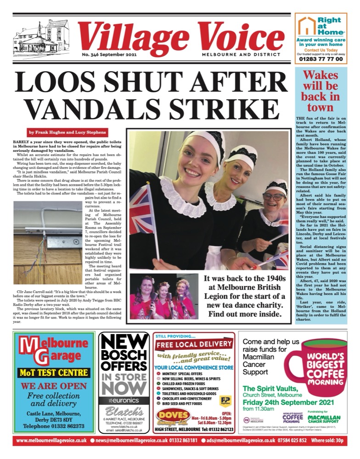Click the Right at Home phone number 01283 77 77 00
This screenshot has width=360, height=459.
(320, 59)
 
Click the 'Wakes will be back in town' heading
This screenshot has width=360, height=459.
(321, 91)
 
